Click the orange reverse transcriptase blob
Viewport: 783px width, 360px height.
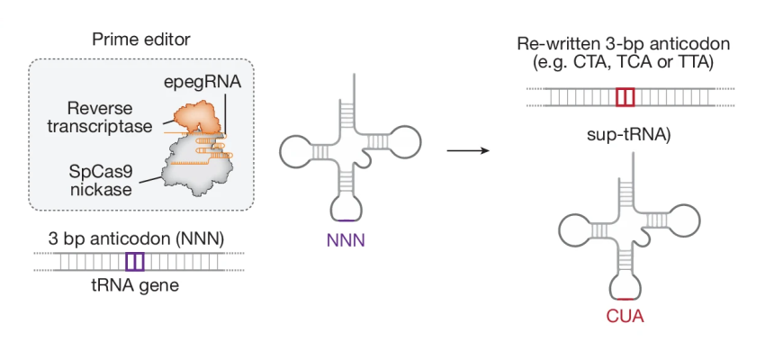tap(190, 113)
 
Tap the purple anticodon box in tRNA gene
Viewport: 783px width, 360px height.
tap(134, 262)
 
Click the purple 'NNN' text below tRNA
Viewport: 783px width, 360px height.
tap(346, 241)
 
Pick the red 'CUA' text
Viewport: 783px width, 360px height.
tap(625, 317)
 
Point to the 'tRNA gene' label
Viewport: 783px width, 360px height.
tap(134, 287)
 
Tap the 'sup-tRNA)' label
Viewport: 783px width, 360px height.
tap(625, 135)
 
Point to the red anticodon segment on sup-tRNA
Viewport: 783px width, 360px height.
tap(625, 298)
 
